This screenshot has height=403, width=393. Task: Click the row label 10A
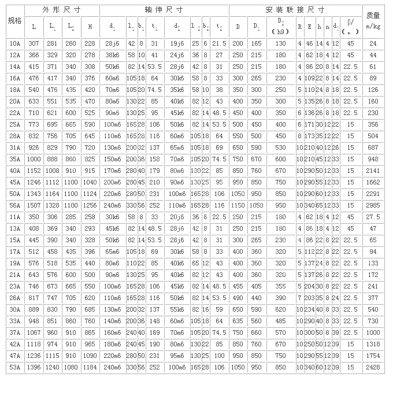pyautogui.click(x=14, y=43)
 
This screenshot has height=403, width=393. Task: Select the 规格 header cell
pyautogui.click(x=14, y=21)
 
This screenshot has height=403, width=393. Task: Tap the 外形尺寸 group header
pyautogui.click(x=62, y=10)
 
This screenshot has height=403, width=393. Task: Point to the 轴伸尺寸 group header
pyautogui.click(x=164, y=10)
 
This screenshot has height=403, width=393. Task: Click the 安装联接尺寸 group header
pyautogui.click(x=295, y=10)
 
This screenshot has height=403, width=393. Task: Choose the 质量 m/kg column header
pyautogui.click(x=373, y=21)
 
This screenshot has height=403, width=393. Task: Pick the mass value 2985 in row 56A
pyautogui.click(x=373, y=205)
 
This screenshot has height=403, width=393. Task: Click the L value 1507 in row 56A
pyautogui.click(x=34, y=205)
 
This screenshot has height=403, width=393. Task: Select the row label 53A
pyautogui.click(x=14, y=367)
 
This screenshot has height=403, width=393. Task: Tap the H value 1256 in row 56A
pyautogui.click(x=89, y=205)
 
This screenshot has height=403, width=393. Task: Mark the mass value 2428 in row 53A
pyautogui.click(x=373, y=367)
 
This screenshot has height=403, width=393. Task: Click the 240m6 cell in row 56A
pyautogui.click(x=112, y=205)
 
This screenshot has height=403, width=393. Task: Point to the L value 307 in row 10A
pyautogui.click(x=34, y=43)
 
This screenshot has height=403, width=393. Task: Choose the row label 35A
pyautogui.click(x=14, y=159)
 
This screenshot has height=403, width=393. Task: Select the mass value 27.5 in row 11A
pyautogui.click(x=373, y=217)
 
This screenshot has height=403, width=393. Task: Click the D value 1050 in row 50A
pyautogui.click(x=238, y=194)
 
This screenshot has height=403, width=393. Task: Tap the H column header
pyautogui.click(x=89, y=26)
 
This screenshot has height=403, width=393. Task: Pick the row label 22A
pyautogui.click(x=14, y=113)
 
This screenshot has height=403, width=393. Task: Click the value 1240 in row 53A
pyautogui.click(x=53, y=367)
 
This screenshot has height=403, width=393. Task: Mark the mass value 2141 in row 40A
pyautogui.click(x=373, y=171)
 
